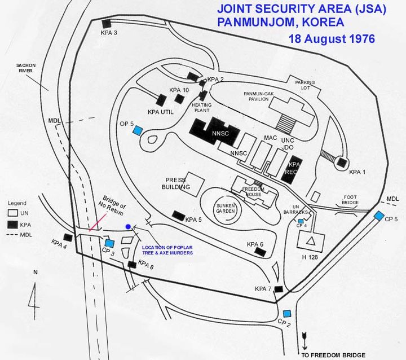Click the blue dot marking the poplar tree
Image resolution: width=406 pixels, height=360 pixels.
(128, 227)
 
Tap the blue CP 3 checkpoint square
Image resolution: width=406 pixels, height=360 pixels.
(110, 243)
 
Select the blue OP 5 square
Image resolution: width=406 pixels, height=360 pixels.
(137, 130)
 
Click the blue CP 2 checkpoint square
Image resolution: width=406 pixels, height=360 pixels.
(287, 314)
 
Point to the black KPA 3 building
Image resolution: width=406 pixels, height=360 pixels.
(107, 24)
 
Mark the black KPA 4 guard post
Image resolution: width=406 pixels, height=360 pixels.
(68, 238)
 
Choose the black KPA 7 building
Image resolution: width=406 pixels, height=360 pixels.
(279, 289)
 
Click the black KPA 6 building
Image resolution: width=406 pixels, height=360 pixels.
(260, 252)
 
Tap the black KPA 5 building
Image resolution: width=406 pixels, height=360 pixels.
(178, 216)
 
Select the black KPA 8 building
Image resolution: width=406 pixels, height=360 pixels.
(133, 265)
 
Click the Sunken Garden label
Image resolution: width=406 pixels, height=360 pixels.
(226, 208)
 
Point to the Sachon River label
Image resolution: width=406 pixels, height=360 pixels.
(26, 68)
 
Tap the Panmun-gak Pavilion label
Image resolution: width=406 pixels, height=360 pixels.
(259, 96)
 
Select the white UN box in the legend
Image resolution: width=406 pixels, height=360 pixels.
(12, 213)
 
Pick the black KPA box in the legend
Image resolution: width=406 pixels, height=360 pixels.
(12, 225)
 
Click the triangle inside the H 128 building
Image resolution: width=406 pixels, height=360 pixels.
(311, 242)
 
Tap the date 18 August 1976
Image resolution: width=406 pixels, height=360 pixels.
(332, 39)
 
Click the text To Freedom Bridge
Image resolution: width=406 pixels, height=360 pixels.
(333, 355)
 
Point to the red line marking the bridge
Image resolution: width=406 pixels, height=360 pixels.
(98, 222)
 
